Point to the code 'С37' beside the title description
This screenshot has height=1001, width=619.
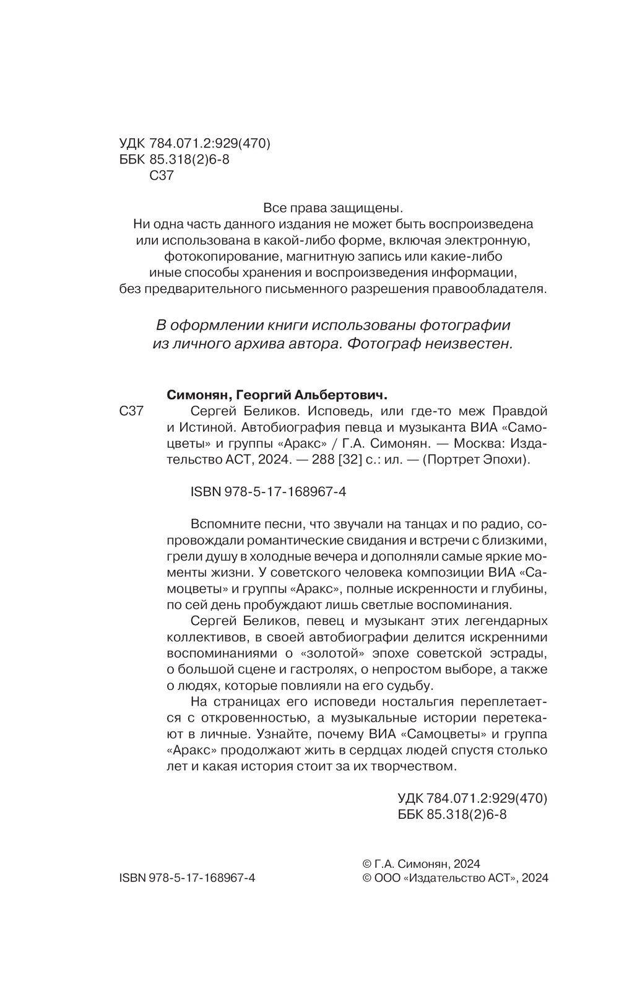pos(131,411)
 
